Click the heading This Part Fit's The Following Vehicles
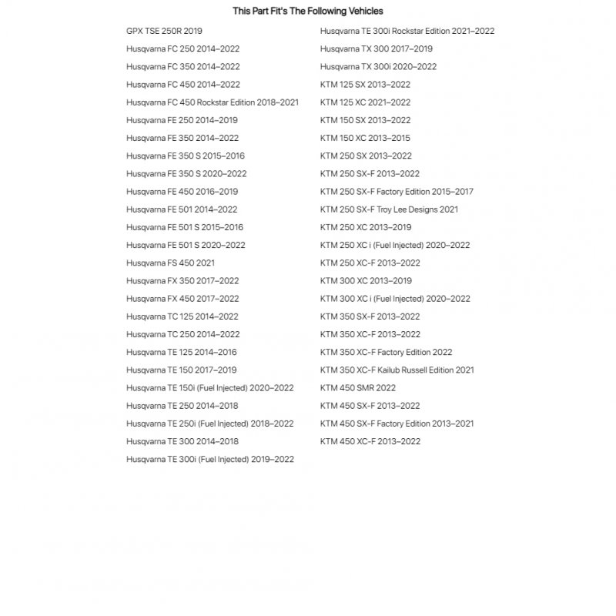coord(308,12)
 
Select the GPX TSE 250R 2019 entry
coord(164,31)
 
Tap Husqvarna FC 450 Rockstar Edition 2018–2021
coord(213,102)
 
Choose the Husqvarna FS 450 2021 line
coord(170,263)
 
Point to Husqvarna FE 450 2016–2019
coord(182,192)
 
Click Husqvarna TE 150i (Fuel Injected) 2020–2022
coord(209,388)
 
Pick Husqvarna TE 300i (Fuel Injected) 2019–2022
coord(209,460)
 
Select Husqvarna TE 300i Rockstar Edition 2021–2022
coord(407,31)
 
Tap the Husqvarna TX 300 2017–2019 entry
coord(376,49)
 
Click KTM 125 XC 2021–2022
coord(365,102)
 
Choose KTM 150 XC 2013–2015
coord(365,138)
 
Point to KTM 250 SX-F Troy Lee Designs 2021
coord(389,209)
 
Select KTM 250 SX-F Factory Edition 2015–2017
coord(397,192)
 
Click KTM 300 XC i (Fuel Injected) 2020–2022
coord(395,299)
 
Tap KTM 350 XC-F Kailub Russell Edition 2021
coord(397,370)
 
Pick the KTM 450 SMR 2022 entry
coord(358,388)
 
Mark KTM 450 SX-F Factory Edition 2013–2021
coord(397,423)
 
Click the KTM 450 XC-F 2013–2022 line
coord(370,441)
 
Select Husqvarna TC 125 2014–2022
coord(182,316)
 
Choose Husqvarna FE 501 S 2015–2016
coord(185,227)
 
